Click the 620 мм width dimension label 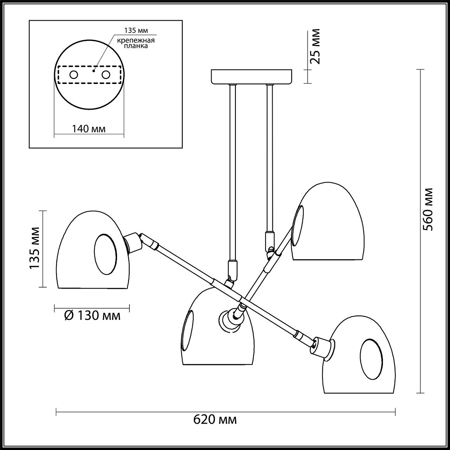(x=215, y=419)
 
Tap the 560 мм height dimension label (x=427, y=209)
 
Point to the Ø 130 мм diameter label (x=92, y=316)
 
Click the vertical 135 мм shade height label (x=35, y=248)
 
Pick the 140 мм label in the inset (x=88, y=129)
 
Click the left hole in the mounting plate (x=73, y=75)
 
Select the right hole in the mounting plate (x=106, y=75)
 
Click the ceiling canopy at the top (x=252, y=76)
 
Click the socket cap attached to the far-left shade (x=132, y=242)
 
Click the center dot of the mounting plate (x=94, y=70)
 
